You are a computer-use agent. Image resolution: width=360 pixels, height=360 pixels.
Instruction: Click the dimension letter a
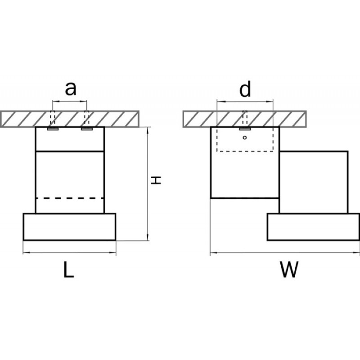pos(70,89)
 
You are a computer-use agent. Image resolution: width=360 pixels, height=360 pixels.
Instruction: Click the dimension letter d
pos(245,89)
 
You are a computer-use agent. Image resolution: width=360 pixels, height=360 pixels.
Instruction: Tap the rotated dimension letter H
pos(156,180)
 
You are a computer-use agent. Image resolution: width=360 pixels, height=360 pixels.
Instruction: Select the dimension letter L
pos(69,270)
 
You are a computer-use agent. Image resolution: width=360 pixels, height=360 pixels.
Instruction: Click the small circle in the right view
pos(245,138)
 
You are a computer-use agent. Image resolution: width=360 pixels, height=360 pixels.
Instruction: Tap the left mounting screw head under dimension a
pos(53,129)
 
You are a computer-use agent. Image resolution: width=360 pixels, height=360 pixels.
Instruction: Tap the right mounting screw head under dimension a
pos(87,129)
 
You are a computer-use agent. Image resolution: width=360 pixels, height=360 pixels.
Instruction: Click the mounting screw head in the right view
pos(245,129)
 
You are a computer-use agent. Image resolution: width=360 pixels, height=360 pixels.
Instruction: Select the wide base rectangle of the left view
pos(70,227)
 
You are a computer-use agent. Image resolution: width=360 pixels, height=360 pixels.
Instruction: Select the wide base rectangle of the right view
pos(313,227)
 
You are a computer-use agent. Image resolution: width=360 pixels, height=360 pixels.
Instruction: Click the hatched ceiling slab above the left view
pos(70,119)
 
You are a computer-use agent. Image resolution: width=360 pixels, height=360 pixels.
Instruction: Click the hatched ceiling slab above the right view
pos(244,119)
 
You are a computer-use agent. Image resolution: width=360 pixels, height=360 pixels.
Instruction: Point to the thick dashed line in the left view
pos(70,198)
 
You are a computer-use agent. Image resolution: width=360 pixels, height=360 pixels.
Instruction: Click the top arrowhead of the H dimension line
pos(148,130)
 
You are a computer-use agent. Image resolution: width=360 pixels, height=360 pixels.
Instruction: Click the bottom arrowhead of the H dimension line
pos(148,238)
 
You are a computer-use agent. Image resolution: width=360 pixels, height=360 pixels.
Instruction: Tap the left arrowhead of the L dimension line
pos(26,253)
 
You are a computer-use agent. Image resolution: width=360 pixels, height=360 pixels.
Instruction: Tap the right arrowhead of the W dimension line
pos(357,253)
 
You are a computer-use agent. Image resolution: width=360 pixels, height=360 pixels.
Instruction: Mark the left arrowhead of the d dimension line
pos(220,101)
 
